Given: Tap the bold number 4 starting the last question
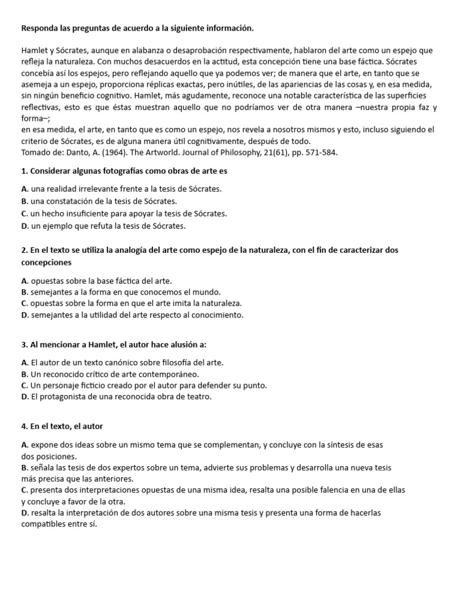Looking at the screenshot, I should [x=23, y=426].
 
